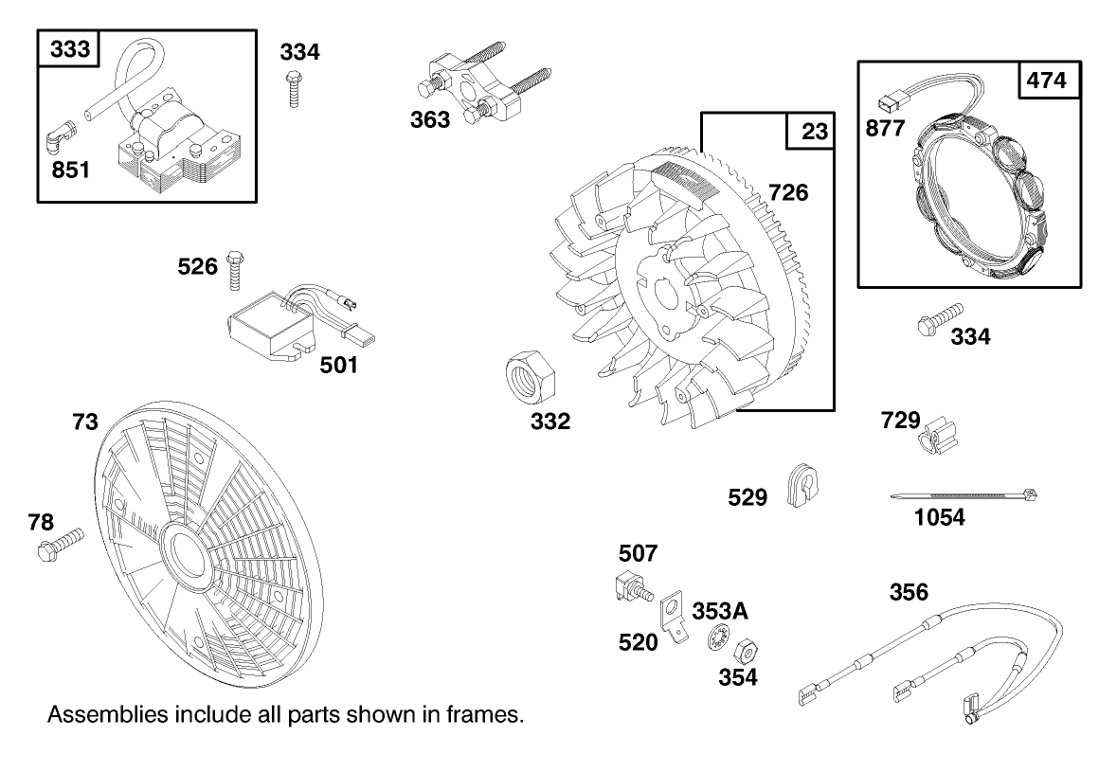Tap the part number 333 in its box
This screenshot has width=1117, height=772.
[69, 48]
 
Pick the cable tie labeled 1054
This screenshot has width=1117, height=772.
[964, 494]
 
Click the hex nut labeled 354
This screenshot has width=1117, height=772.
[746, 650]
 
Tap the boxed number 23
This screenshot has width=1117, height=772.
[814, 132]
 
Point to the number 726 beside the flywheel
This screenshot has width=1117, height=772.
[788, 192]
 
